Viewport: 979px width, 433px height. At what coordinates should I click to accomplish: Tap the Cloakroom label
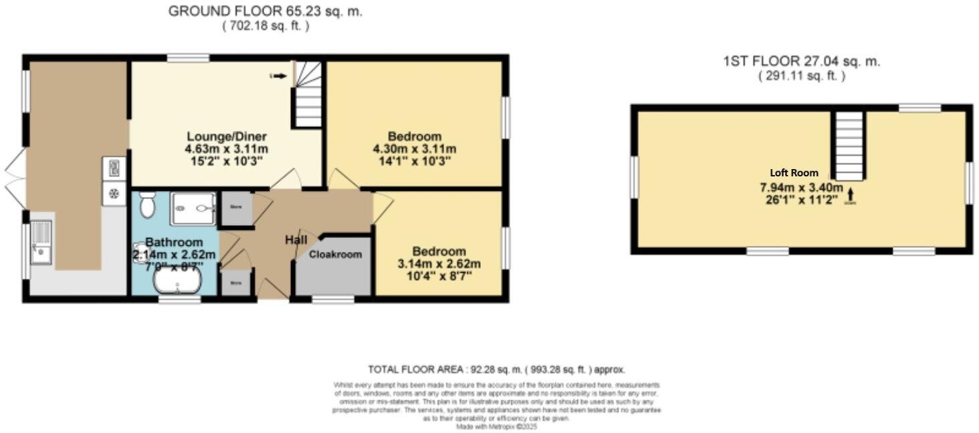[335, 255]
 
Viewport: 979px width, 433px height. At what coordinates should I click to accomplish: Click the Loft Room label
[794, 172]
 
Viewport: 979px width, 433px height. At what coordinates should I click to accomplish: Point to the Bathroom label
[174, 242]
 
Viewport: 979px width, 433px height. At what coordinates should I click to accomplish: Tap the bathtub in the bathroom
[177, 284]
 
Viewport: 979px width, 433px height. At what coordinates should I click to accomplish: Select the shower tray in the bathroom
[193, 208]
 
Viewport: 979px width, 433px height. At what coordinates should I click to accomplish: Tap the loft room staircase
[850, 146]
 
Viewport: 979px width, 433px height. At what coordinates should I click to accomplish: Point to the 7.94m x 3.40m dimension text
[794, 192]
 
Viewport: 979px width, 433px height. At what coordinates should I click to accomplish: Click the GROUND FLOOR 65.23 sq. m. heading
[265, 11]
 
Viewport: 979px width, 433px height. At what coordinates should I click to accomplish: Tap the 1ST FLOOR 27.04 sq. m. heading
[801, 61]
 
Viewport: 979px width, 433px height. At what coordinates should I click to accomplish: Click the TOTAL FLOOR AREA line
[497, 369]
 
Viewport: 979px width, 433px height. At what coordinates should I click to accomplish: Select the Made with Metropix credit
[497, 426]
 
